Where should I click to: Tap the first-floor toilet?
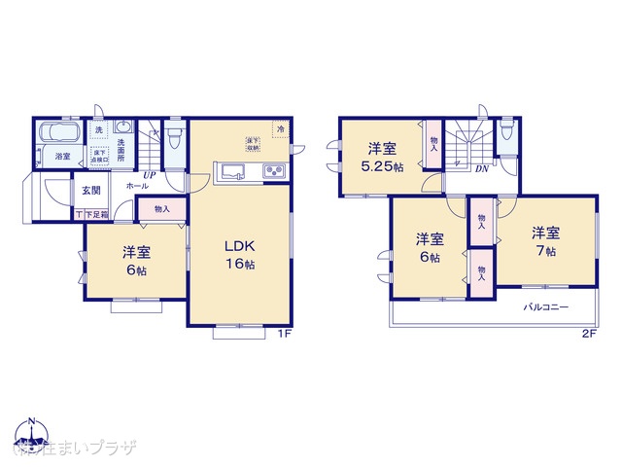(x=174, y=135)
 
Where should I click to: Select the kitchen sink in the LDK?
(x=232, y=174)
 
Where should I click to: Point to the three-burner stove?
(x=272, y=174)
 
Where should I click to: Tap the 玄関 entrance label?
(x=91, y=190)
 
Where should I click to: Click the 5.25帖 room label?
(x=382, y=157)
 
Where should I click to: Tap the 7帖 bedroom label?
(x=544, y=242)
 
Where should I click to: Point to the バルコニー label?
(x=546, y=307)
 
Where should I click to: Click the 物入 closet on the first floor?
(x=161, y=208)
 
